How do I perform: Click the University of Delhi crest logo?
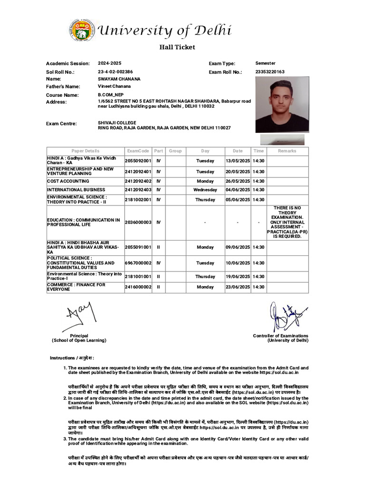coord(81,30)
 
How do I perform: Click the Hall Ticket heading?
coord(177,47)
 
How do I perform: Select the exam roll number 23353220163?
coord(270,72)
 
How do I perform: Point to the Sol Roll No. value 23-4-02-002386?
coord(115,72)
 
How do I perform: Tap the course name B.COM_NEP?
coord(110,95)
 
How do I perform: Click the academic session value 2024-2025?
coord(110,63)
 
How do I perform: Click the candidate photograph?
coord(282,105)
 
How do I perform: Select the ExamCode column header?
coord(138,151)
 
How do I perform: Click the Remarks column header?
coord(287,151)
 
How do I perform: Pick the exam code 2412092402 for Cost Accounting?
coord(138,181)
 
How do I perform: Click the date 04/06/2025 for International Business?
coord(238,190)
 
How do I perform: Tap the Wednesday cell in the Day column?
coord(205,190)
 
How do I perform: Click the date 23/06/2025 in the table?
coord(238,287)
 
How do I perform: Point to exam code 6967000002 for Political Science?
coord(138,263)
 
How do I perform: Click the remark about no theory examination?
coord(287,222)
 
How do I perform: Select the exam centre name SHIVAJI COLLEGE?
coord(117,123)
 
